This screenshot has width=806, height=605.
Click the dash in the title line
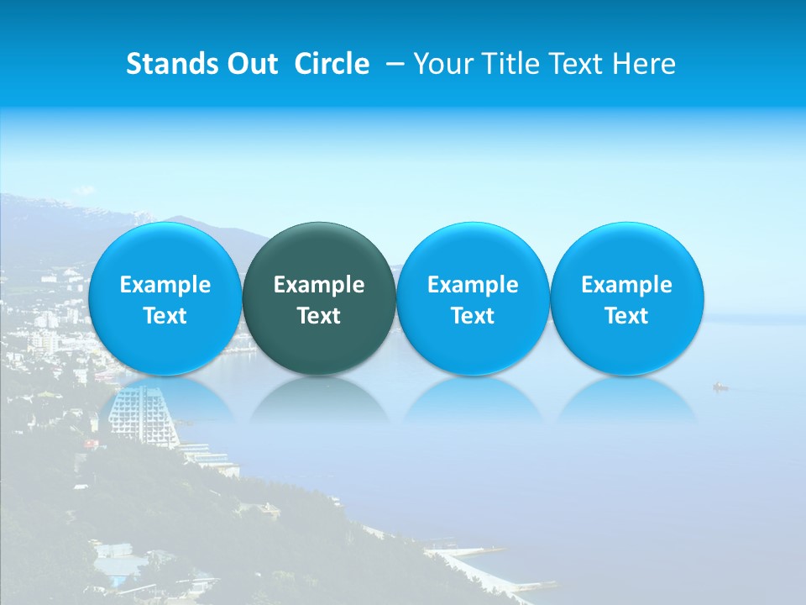393,64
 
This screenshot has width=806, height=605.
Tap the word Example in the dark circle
319,285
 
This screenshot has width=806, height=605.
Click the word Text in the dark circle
319,316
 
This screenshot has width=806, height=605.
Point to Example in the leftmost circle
165,285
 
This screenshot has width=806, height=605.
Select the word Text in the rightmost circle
627,316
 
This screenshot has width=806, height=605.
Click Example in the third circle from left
473,285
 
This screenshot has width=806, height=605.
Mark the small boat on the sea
720,387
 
